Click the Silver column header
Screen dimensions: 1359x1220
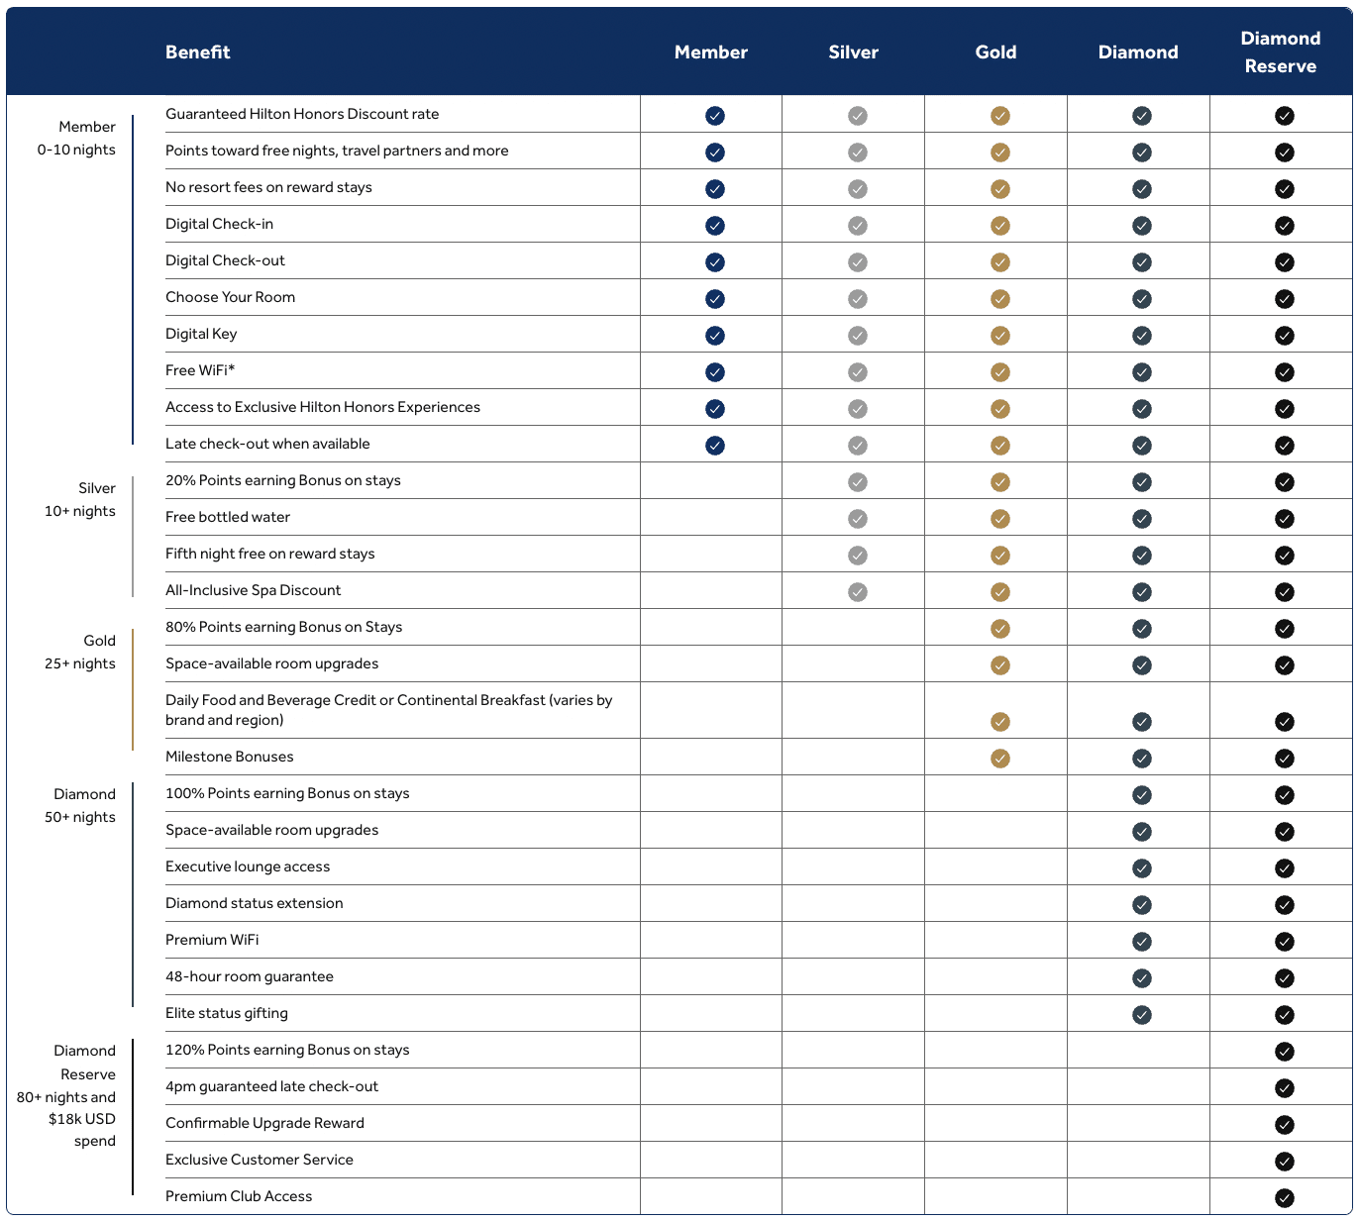pyautogui.click(x=853, y=52)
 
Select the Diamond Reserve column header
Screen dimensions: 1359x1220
pyautogui.click(x=1280, y=52)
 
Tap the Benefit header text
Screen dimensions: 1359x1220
pyautogui.click(x=197, y=52)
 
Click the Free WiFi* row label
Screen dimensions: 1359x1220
pyautogui.click(x=200, y=370)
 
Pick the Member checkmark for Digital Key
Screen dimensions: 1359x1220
pyautogui.click(x=715, y=336)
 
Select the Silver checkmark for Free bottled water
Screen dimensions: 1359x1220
pyautogui.click(x=858, y=519)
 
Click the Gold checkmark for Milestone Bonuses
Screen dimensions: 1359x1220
pyautogui.click(x=1000, y=759)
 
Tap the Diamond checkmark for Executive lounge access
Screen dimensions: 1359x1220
pyautogui.click(x=1142, y=868)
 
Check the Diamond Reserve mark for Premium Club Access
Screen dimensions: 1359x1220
pyautogui.click(x=1285, y=1198)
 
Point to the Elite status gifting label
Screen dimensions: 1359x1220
pyautogui.click(x=227, y=1013)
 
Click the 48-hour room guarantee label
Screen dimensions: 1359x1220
pyautogui.click(x=250, y=976)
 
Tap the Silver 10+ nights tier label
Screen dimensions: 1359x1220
pyautogui.click(x=80, y=499)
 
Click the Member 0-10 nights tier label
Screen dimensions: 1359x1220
pyautogui.click(x=77, y=138)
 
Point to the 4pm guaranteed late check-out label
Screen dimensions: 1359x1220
pyautogui.click(x=271, y=1086)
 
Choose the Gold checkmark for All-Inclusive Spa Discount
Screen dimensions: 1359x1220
pyautogui.click(x=1000, y=592)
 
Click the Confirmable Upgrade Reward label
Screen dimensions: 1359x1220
pyautogui.click(x=264, y=1123)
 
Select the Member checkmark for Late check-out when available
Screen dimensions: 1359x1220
pyautogui.click(x=715, y=446)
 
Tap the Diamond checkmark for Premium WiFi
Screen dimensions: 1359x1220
pyautogui.click(x=1142, y=942)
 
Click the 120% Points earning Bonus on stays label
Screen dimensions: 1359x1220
pyautogui.click(x=287, y=1050)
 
